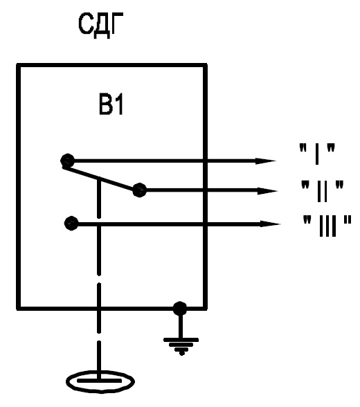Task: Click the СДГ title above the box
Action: (100, 25)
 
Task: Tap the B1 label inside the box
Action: (111, 105)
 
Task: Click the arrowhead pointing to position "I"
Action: (266, 161)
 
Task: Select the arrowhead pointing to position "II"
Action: (268, 191)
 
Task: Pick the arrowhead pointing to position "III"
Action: (270, 224)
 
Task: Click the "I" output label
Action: (317, 154)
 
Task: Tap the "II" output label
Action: (322, 191)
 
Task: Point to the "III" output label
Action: (327, 226)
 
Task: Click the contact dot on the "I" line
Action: (67, 161)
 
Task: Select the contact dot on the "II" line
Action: (139, 190)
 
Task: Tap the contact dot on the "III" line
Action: (71, 223)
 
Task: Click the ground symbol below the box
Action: (181, 346)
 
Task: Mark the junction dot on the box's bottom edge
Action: (179, 309)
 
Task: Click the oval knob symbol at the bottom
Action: (100, 381)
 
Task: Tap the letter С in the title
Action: (85, 24)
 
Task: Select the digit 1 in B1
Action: (118, 105)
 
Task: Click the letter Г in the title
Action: (116, 24)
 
